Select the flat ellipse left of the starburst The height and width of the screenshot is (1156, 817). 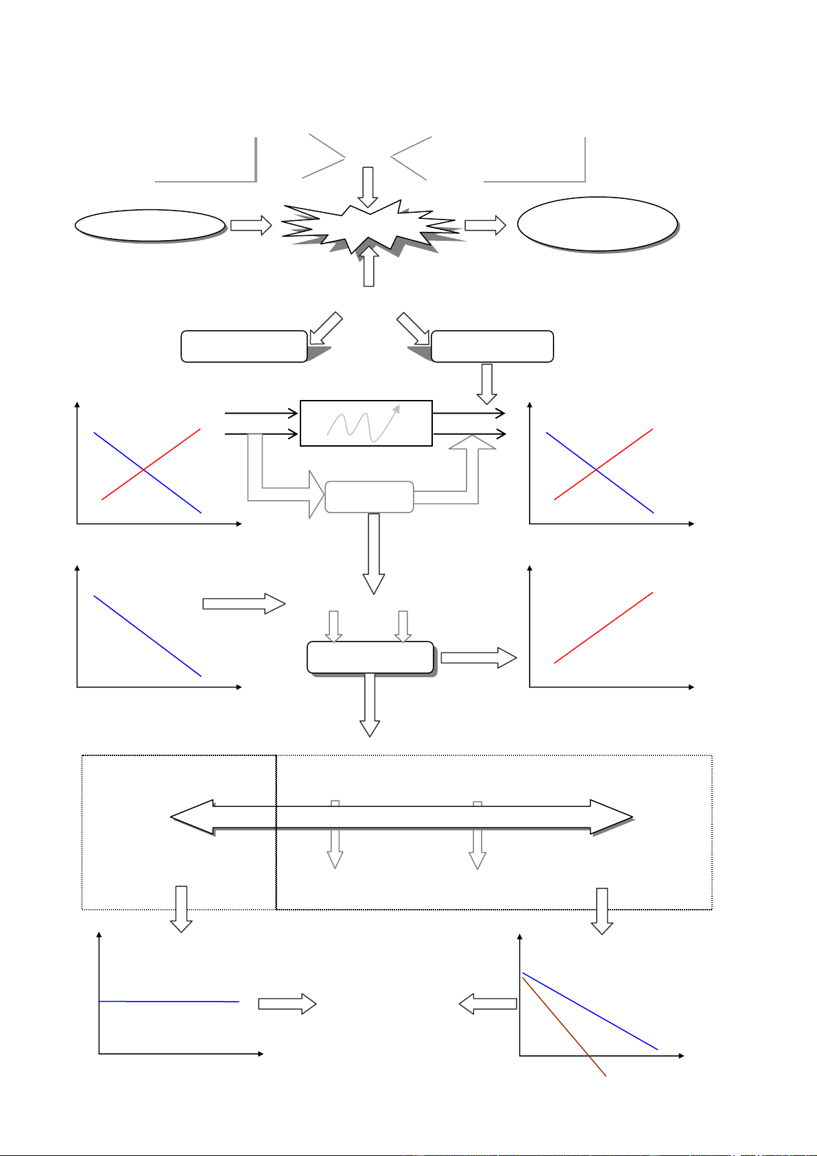[x=150, y=225]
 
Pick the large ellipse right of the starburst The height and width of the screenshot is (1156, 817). [x=597, y=224]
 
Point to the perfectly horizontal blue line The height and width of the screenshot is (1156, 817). [x=169, y=1002]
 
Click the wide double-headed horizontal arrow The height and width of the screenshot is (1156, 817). [x=401, y=816]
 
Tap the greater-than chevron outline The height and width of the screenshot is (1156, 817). [x=324, y=157]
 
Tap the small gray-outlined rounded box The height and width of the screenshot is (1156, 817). [x=368, y=497]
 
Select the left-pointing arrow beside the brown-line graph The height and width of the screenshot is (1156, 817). [x=488, y=1004]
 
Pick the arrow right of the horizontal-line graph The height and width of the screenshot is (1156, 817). [x=287, y=1004]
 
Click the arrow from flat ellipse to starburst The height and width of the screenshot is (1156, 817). [x=251, y=226]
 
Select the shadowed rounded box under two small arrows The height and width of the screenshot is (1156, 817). [x=370, y=658]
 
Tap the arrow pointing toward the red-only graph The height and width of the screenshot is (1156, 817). [x=478, y=658]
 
